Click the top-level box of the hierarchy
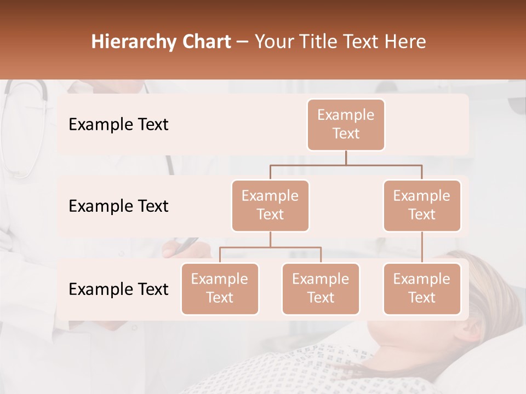[346, 124]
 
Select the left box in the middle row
[270, 205]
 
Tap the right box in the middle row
[422, 205]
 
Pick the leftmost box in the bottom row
[220, 288]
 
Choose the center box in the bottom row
[321, 288]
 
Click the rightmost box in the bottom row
[422, 288]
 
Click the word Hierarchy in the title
[130, 42]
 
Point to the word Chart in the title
[204, 42]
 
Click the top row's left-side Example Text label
[118, 125]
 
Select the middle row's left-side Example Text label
[118, 206]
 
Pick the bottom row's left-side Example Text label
[118, 289]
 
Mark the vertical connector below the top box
[346, 158]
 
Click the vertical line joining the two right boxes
[422, 247]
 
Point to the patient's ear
[470, 331]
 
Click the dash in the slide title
[243, 42]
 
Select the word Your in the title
[273, 42]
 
